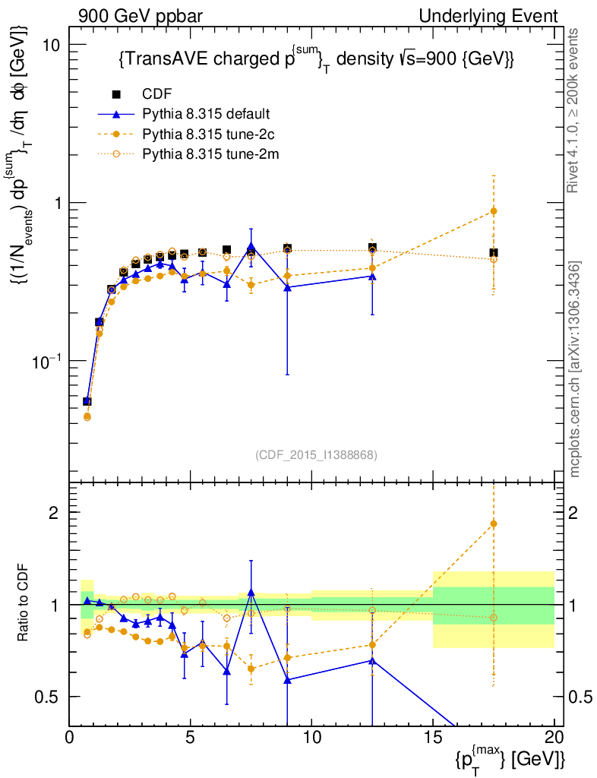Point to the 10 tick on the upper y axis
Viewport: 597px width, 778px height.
point(52,45)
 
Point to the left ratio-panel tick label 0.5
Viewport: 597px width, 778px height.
point(49,697)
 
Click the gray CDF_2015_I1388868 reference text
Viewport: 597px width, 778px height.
point(316,454)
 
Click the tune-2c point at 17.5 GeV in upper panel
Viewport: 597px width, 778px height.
point(494,211)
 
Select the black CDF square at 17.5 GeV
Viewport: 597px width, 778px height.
point(494,252)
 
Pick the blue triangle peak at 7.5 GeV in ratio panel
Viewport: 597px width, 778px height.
point(251,592)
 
